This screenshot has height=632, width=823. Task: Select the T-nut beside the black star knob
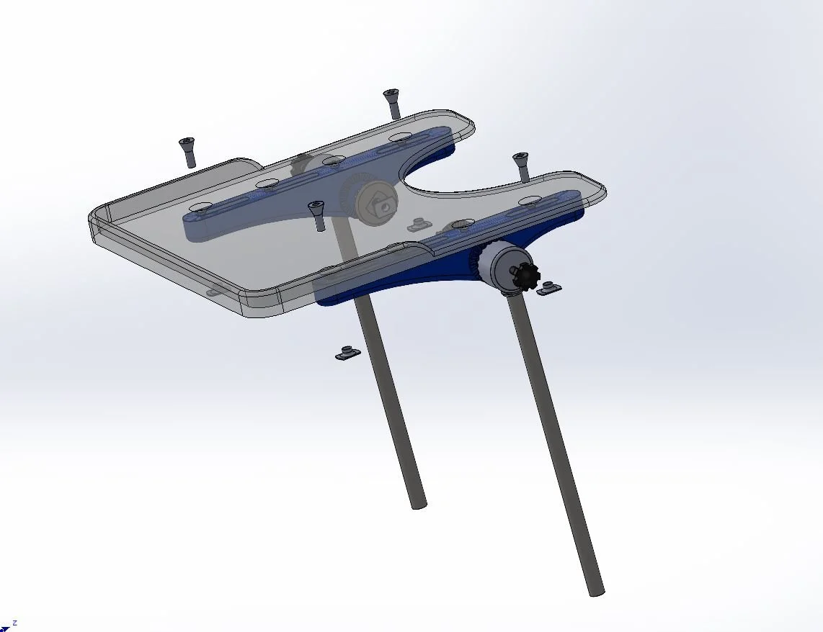[x=550, y=288]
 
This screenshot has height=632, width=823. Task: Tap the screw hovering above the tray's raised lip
[x=187, y=151]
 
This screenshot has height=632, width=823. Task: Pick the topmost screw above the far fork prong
[x=392, y=103]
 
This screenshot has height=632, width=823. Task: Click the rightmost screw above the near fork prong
[x=521, y=166]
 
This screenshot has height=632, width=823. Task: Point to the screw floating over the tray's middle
[x=316, y=215]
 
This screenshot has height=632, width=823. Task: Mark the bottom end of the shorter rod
[x=419, y=505]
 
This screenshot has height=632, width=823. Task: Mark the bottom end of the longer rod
[x=596, y=592]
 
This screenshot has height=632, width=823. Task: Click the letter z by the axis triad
[x=14, y=623]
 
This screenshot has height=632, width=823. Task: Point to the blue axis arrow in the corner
[x=5, y=628]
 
